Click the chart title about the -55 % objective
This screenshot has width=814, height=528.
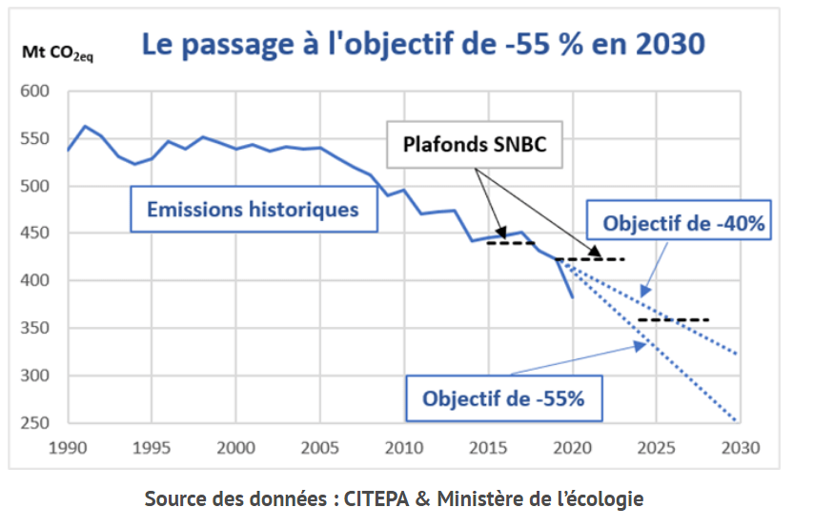pyautogui.click(x=423, y=43)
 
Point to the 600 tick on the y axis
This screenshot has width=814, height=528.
pyautogui.click(x=33, y=92)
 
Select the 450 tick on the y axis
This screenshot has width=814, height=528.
pyautogui.click(x=33, y=234)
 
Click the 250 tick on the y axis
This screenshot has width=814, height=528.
pyautogui.click(x=33, y=423)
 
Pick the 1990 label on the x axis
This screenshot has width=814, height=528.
pyautogui.click(x=68, y=447)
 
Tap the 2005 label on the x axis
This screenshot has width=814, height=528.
pyautogui.click(x=318, y=447)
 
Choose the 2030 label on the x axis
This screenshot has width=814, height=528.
pyautogui.click(x=737, y=447)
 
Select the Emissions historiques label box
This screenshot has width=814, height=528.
pyautogui.click(x=253, y=208)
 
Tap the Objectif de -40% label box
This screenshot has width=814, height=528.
pyautogui.click(x=684, y=224)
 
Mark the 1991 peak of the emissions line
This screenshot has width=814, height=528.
pyautogui.click(x=85, y=126)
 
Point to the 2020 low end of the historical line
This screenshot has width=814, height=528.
pyautogui.click(x=572, y=297)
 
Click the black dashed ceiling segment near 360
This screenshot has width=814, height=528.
pyautogui.click(x=674, y=319)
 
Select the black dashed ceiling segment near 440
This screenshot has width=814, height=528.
pyautogui.click(x=511, y=243)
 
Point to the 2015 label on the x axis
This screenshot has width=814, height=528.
pyautogui.click(x=486, y=447)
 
